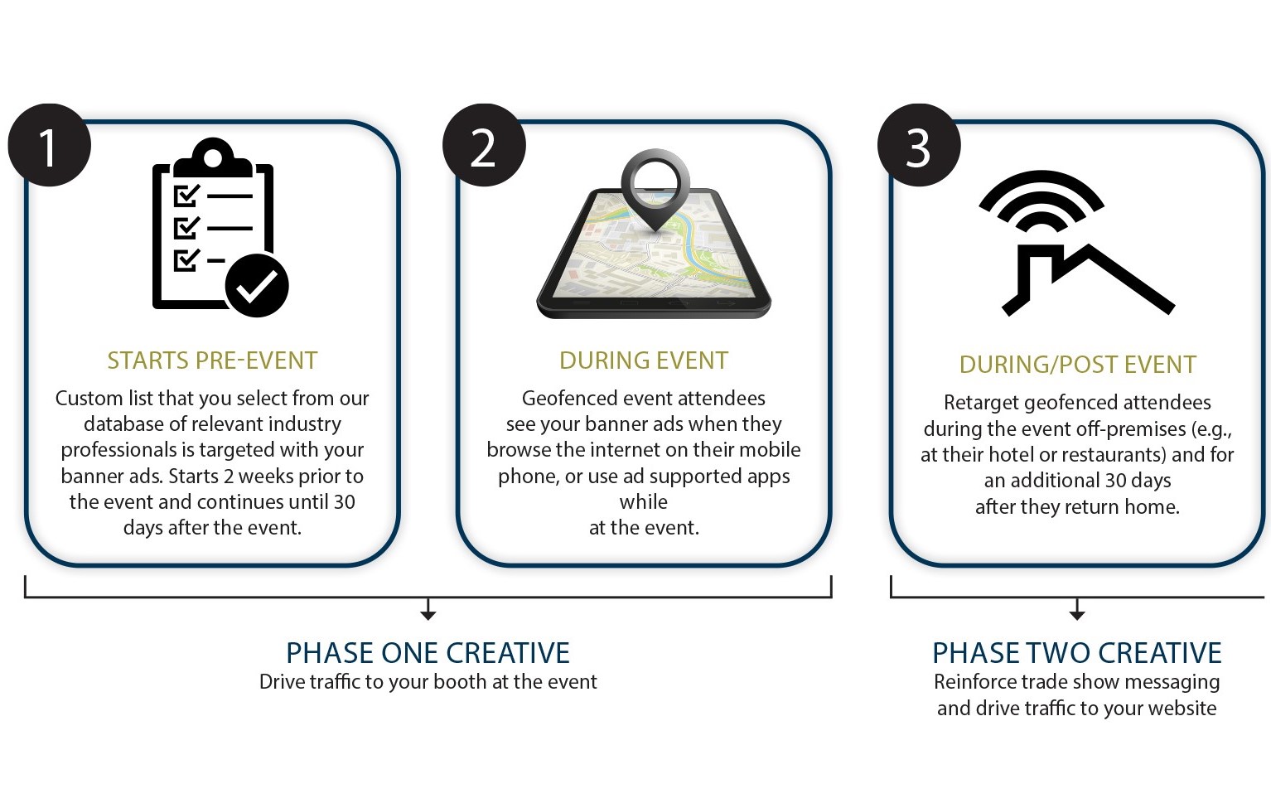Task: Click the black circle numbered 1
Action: [50, 145]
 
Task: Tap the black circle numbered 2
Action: [484, 145]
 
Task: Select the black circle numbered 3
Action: [919, 145]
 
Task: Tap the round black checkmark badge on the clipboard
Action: [257, 285]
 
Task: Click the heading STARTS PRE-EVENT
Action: [212, 360]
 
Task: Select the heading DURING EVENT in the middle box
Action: [644, 360]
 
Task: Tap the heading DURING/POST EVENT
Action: [1077, 365]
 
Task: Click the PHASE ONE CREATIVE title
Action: [428, 653]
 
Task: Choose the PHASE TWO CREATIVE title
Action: [1077, 653]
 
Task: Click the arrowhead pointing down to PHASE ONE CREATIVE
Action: [428, 615]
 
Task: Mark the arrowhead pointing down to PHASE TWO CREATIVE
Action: [1077, 615]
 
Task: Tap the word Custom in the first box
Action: [89, 399]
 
